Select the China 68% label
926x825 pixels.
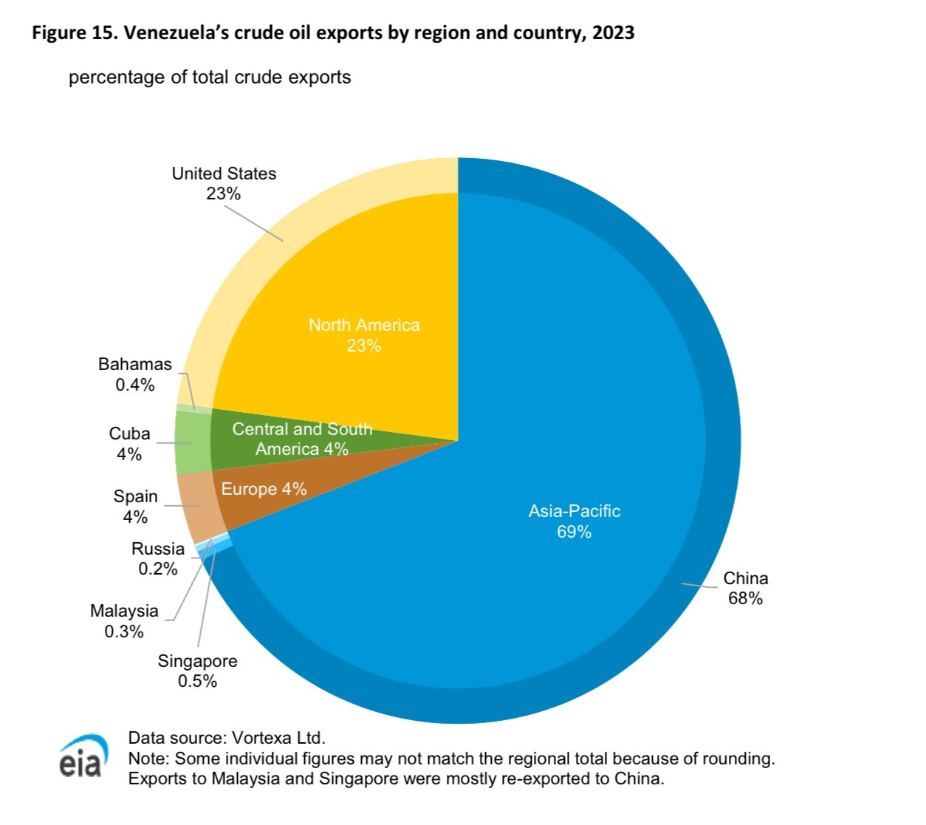745,588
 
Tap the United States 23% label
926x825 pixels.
224,183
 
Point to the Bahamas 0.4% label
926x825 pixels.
135,374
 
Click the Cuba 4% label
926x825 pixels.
129,444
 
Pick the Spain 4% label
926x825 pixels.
135,507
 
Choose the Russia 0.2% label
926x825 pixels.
158,558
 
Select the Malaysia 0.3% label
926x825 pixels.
124,621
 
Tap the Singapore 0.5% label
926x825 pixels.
197,671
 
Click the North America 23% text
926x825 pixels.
364,335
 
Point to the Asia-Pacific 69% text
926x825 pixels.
574,521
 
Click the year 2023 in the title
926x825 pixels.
613,33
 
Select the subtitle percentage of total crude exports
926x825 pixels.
210,78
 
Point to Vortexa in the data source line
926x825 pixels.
262,738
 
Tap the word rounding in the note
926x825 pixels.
742,759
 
